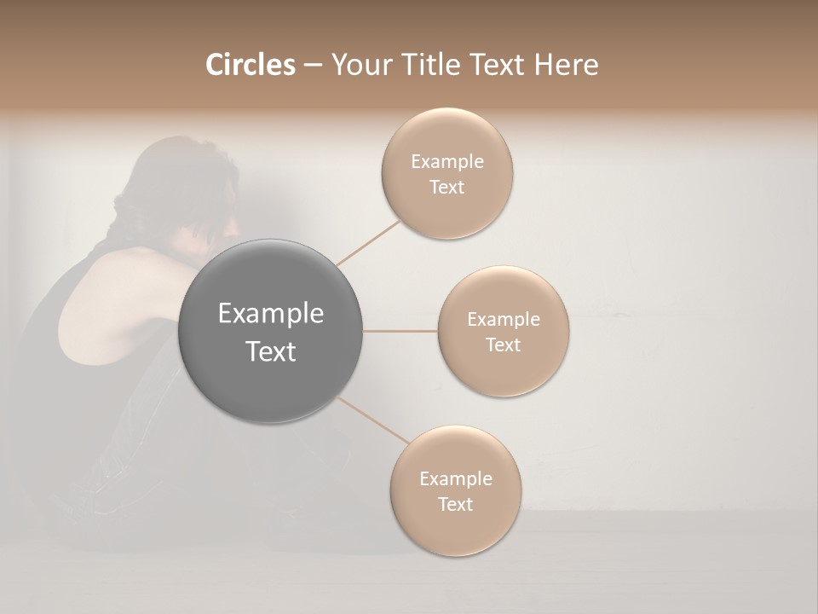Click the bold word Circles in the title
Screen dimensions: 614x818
coord(251,65)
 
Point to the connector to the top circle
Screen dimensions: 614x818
coord(368,243)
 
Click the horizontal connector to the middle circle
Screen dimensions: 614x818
coord(400,331)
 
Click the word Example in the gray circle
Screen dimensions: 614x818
coord(271,314)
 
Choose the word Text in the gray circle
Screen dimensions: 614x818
coord(271,351)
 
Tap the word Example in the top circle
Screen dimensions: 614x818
coord(447,162)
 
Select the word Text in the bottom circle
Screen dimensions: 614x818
coord(455,504)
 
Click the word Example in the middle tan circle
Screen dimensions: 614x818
coord(504,320)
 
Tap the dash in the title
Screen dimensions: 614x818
coord(312,66)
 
